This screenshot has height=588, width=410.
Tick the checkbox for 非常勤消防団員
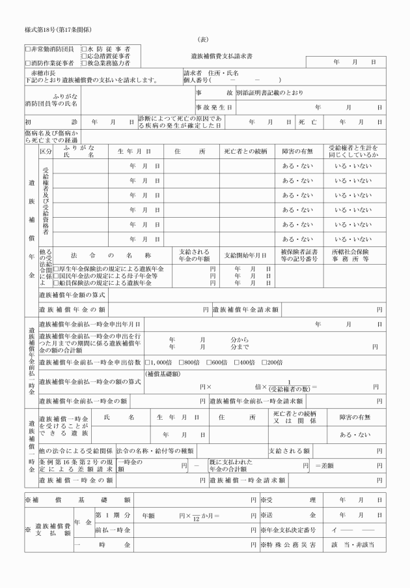[27, 49]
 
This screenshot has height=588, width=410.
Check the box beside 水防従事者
[84, 49]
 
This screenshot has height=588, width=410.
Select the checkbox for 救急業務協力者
[84, 64]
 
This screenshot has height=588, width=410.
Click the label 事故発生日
[213, 107]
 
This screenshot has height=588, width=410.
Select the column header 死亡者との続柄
[245, 152]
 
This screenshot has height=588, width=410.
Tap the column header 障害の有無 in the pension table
[297, 152]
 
